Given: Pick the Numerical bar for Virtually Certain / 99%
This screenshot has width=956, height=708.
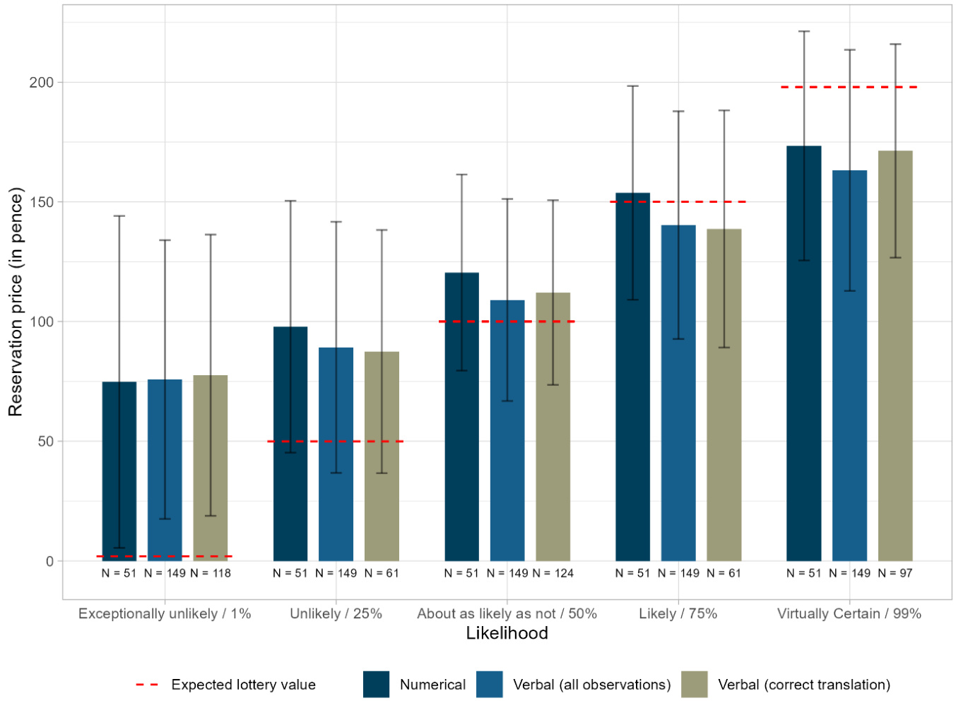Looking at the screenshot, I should [804, 353].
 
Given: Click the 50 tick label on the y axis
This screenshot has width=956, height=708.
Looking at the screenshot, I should [45, 442].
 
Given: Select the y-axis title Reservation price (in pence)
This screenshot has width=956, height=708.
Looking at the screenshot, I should [16, 302].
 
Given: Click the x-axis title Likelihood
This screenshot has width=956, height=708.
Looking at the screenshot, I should [507, 633].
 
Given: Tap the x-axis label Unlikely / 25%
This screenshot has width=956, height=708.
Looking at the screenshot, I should [336, 613].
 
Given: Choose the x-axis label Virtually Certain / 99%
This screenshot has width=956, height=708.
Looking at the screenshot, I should [849, 613].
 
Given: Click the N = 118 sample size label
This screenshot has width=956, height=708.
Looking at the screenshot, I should [211, 573].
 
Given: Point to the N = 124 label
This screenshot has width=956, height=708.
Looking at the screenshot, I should [553, 573].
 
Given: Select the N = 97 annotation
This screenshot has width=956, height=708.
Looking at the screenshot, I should [895, 573].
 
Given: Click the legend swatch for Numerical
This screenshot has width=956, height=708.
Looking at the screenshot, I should [376, 685].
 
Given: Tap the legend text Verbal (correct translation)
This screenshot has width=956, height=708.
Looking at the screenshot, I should [804, 685].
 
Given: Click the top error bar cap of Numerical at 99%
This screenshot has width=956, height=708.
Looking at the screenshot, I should [804, 32].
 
